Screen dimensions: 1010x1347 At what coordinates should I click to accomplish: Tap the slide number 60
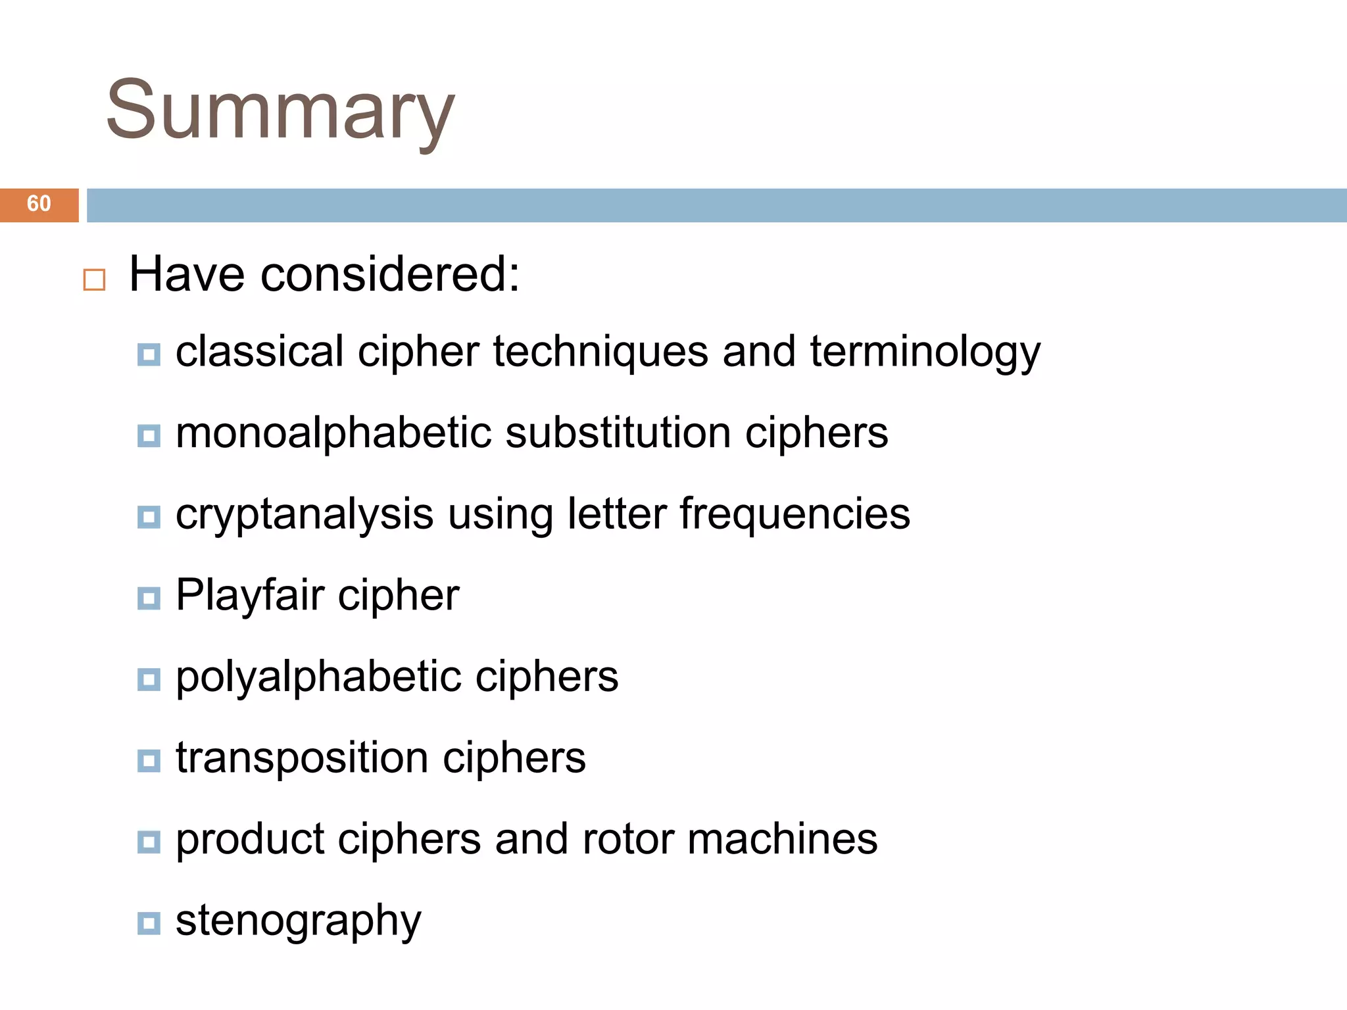point(39,204)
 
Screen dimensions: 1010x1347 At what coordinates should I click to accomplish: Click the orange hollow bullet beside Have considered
point(94,279)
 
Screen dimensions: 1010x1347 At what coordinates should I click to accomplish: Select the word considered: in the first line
point(390,274)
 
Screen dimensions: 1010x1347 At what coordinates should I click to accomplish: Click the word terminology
point(925,352)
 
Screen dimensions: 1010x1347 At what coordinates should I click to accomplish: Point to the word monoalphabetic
point(333,434)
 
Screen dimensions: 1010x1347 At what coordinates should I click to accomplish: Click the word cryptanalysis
point(304,515)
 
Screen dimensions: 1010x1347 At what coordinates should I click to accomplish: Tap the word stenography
point(298,921)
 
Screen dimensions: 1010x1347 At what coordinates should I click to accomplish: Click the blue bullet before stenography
point(149,923)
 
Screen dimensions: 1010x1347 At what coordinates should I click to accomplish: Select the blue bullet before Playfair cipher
point(149,598)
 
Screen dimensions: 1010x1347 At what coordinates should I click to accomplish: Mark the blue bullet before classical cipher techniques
point(149,354)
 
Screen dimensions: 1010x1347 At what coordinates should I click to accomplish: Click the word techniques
point(600,352)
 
